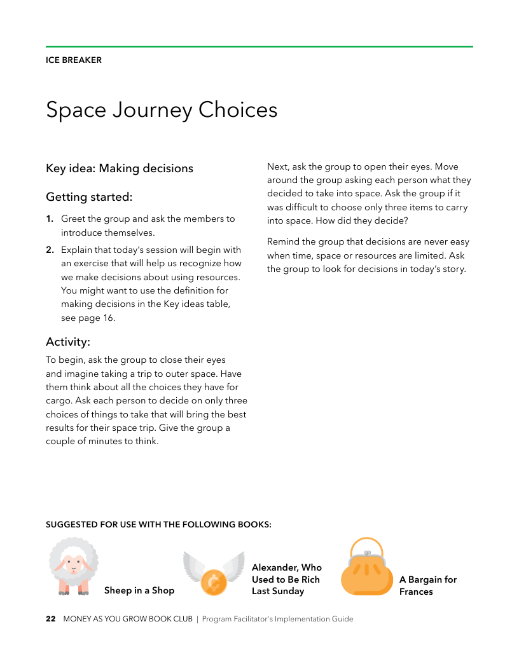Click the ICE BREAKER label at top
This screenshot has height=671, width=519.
[x=74, y=60]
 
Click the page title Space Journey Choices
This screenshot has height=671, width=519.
[x=162, y=109]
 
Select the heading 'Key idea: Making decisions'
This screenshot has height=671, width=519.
[x=120, y=168]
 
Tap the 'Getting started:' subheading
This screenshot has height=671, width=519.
[x=89, y=197]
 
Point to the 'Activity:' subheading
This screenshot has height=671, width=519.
[x=68, y=342]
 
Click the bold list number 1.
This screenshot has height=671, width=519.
[x=49, y=219]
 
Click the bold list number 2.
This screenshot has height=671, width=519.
[x=49, y=250]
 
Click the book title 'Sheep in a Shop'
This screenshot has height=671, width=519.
[x=139, y=590]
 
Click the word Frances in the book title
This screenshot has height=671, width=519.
[x=416, y=592]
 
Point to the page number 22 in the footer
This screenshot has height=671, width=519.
[x=51, y=619]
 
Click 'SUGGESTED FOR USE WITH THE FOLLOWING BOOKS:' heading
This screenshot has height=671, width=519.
[x=158, y=525]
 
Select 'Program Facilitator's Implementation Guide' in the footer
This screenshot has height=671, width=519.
[x=277, y=619]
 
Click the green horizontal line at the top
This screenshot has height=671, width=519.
[x=259, y=46]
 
